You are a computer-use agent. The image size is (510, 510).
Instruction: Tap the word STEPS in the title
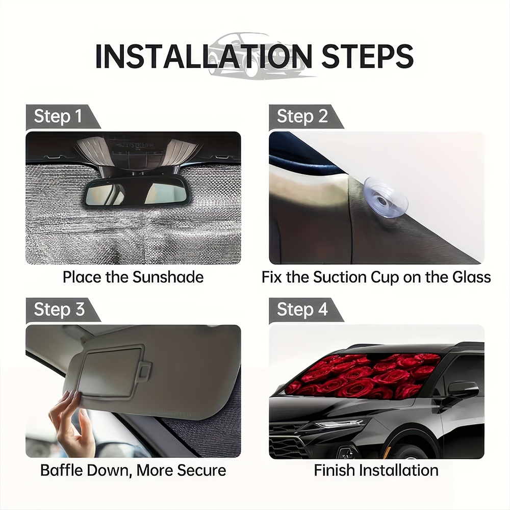click(367, 56)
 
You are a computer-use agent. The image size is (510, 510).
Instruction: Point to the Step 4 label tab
click(306, 310)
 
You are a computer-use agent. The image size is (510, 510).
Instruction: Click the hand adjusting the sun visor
click(71, 422)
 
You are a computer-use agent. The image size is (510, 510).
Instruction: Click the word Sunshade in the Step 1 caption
click(168, 277)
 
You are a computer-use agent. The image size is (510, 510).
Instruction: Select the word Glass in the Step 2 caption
click(471, 277)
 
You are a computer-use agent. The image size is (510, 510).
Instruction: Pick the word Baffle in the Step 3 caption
click(58, 470)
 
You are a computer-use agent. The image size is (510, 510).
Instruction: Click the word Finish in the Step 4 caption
click(334, 470)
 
